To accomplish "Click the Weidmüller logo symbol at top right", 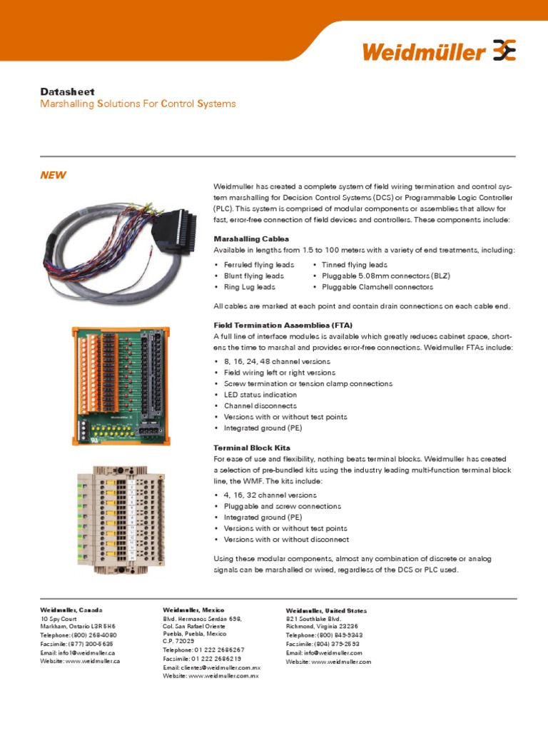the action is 504,51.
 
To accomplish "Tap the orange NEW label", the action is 53,175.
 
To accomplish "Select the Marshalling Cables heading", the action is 251,238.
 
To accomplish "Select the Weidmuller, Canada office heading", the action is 71,610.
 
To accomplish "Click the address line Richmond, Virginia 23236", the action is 322,626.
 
